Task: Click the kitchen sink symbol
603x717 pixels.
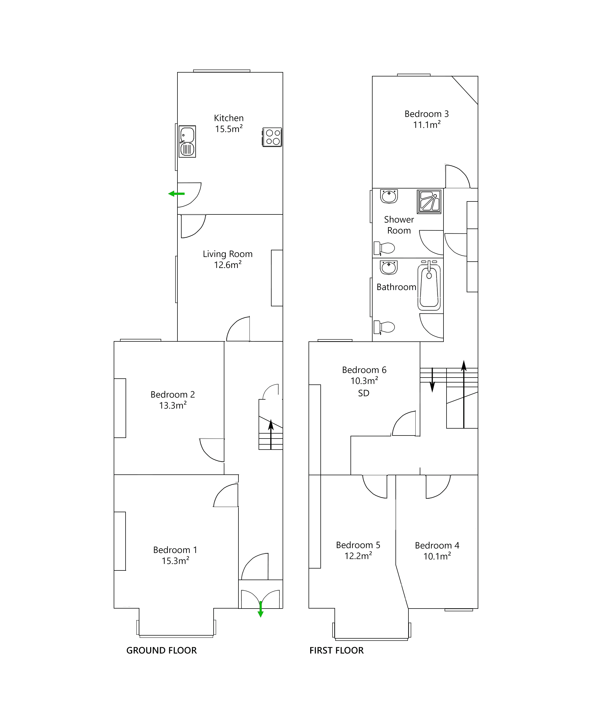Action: (x=187, y=142)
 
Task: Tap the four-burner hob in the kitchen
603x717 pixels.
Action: (x=272, y=137)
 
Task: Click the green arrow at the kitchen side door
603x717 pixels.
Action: (x=176, y=194)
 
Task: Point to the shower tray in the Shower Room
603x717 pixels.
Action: (x=429, y=202)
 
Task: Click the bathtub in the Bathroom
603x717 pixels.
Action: (x=429, y=287)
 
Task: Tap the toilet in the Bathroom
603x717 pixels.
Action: (x=384, y=327)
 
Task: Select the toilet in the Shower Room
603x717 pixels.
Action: (x=384, y=248)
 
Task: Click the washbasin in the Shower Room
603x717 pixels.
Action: (x=389, y=196)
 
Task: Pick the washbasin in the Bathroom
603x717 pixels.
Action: (x=389, y=268)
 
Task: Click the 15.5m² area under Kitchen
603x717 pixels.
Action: (x=229, y=129)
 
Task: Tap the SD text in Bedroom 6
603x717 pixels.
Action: (x=364, y=393)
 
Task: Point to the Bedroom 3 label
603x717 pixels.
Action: (x=426, y=114)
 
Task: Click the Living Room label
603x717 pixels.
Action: (x=227, y=254)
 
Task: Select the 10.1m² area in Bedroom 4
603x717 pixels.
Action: (x=437, y=556)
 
